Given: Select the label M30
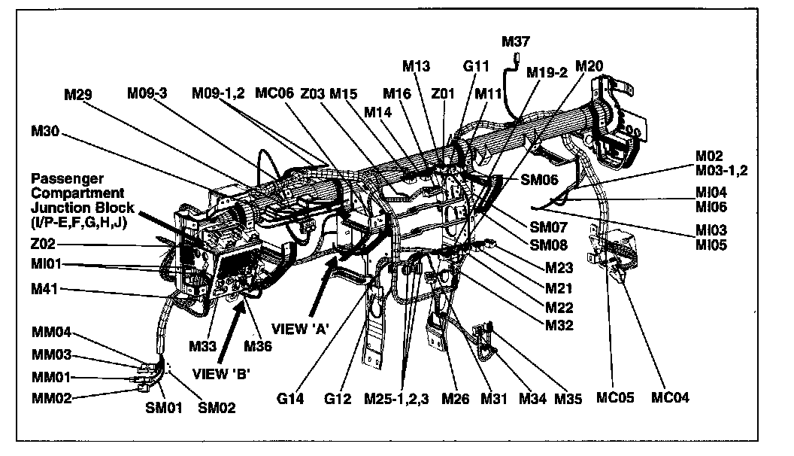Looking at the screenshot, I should (45, 130).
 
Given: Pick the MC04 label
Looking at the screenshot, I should (669, 398).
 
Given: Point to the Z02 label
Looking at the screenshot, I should (44, 245).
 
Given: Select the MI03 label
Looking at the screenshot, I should (711, 230).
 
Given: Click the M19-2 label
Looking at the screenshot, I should (547, 72).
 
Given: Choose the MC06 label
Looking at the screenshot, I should (273, 93).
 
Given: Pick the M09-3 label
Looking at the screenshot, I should (147, 93).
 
